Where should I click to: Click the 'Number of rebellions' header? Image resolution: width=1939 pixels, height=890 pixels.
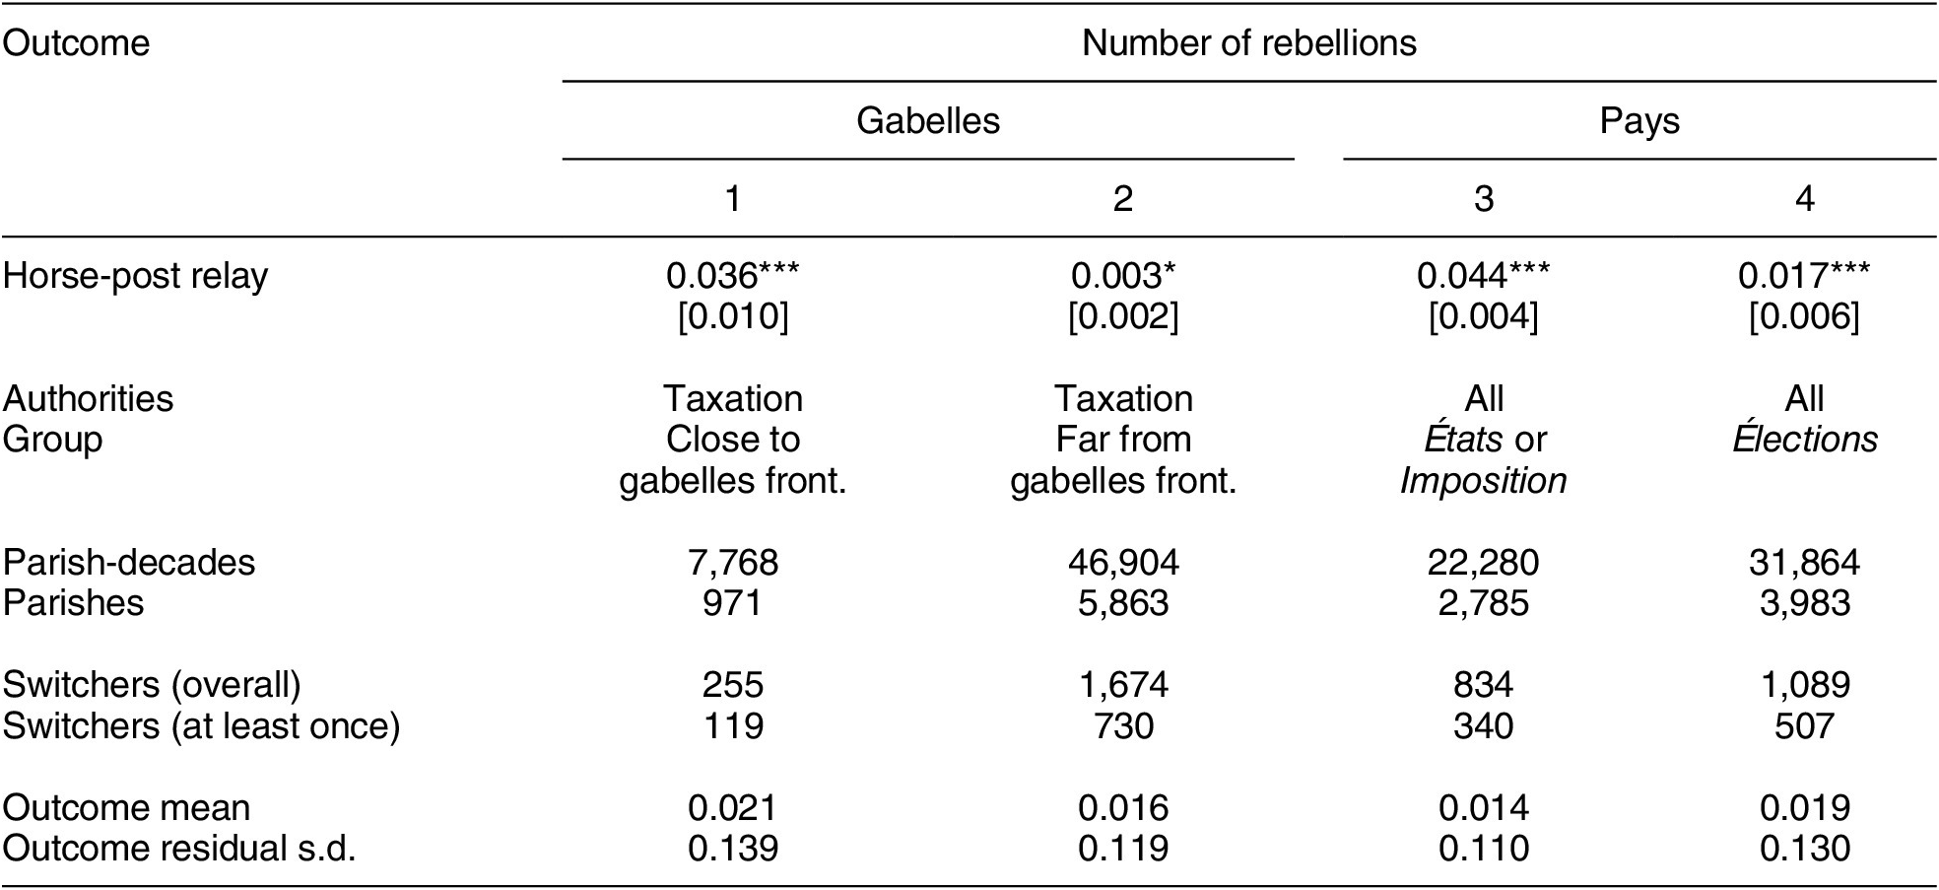[x=1248, y=43]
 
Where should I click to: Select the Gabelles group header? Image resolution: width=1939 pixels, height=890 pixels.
[x=927, y=120]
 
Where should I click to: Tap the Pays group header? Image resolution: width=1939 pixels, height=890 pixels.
[x=1639, y=120]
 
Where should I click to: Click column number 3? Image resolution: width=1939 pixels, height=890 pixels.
[x=1483, y=199]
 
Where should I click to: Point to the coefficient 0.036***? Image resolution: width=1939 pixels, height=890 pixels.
[x=732, y=276]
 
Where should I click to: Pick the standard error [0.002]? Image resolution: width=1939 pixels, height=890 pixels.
[x=1123, y=317]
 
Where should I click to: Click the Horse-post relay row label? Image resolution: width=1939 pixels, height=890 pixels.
[x=135, y=276]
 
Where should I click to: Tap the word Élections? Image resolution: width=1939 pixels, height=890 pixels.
[x=1805, y=440]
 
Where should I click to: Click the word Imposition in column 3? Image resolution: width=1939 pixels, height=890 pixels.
[x=1483, y=481]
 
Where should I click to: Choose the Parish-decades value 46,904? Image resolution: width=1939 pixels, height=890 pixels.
[x=1123, y=562]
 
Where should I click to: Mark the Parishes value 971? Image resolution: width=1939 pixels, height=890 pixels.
[x=732, y=603]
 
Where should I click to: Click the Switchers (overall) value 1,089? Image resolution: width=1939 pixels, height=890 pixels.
[x=1805, y=684]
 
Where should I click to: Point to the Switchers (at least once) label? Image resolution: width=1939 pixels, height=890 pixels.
[x=201, y=725]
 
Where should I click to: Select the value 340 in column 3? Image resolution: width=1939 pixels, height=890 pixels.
[x=1483, y=725]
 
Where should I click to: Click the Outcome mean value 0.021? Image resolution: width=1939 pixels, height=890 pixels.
[x=732, y=808]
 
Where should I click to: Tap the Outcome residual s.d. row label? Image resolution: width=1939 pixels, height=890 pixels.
[x=178, y=849]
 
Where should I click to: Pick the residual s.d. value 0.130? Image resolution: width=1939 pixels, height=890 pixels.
[x=1805, y=849]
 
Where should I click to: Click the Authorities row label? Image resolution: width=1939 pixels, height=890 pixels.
[x=88, y=399]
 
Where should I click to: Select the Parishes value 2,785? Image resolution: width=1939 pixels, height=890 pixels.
[x=1483, y=603]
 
